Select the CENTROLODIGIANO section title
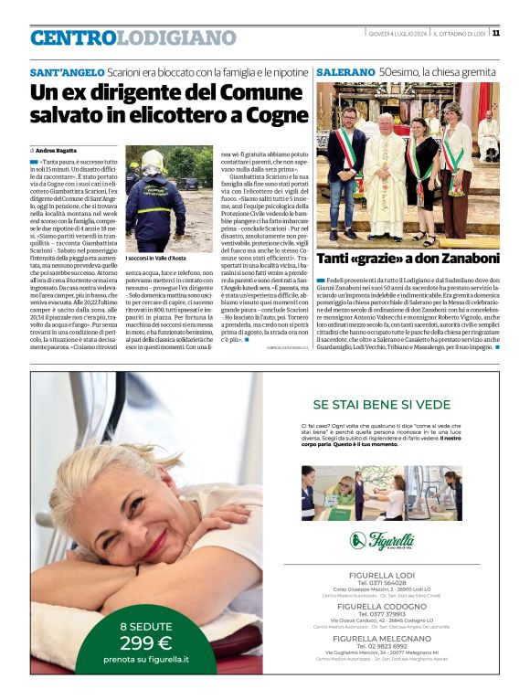click(x=132, y=38)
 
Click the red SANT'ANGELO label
click(x=66, y=71)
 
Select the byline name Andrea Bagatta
click(x=58, y=149)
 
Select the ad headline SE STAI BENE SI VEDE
click(x=394, y=404)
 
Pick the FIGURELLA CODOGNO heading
click(x=394, y=606)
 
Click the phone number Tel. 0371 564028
click(x=394, y=582)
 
